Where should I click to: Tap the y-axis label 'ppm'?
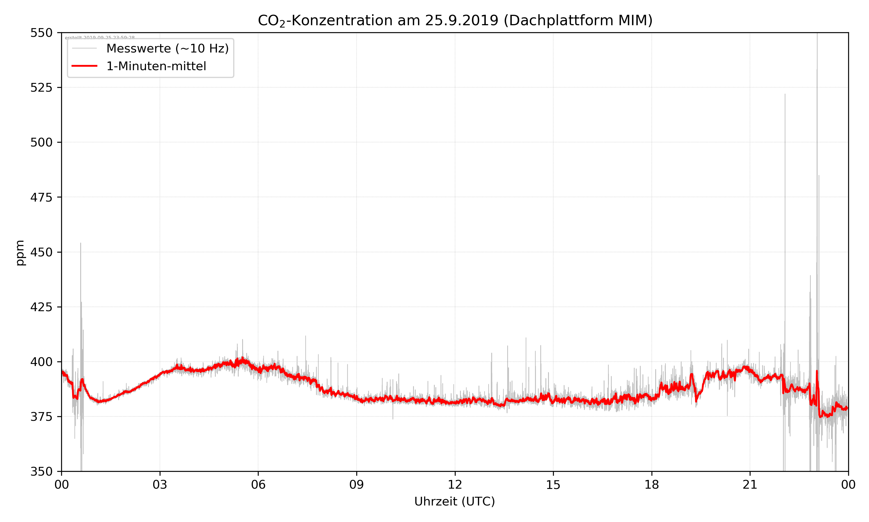20,253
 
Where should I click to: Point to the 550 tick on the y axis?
41,33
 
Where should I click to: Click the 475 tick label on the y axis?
41,197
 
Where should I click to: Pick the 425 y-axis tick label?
41,307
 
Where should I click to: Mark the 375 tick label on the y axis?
41,417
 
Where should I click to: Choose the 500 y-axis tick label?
41,142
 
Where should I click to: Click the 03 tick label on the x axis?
160,485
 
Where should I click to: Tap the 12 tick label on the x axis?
455,485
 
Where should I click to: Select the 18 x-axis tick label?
651,485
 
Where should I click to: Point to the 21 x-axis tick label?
750,485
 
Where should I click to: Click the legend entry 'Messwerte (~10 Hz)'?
167,48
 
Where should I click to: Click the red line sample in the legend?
84,66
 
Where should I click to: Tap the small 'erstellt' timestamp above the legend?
99,38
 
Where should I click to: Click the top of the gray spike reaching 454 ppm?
81,243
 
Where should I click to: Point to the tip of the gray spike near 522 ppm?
785,94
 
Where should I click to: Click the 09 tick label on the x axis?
357,485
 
